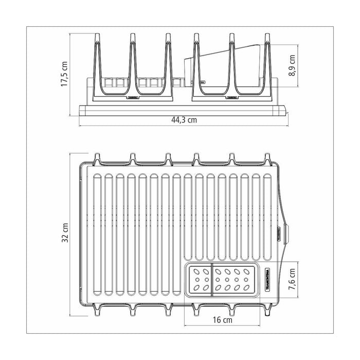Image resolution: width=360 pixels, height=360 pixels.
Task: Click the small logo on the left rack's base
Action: (x=132, y=96)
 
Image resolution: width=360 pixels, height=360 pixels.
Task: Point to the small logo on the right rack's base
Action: (x=231, y=96)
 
